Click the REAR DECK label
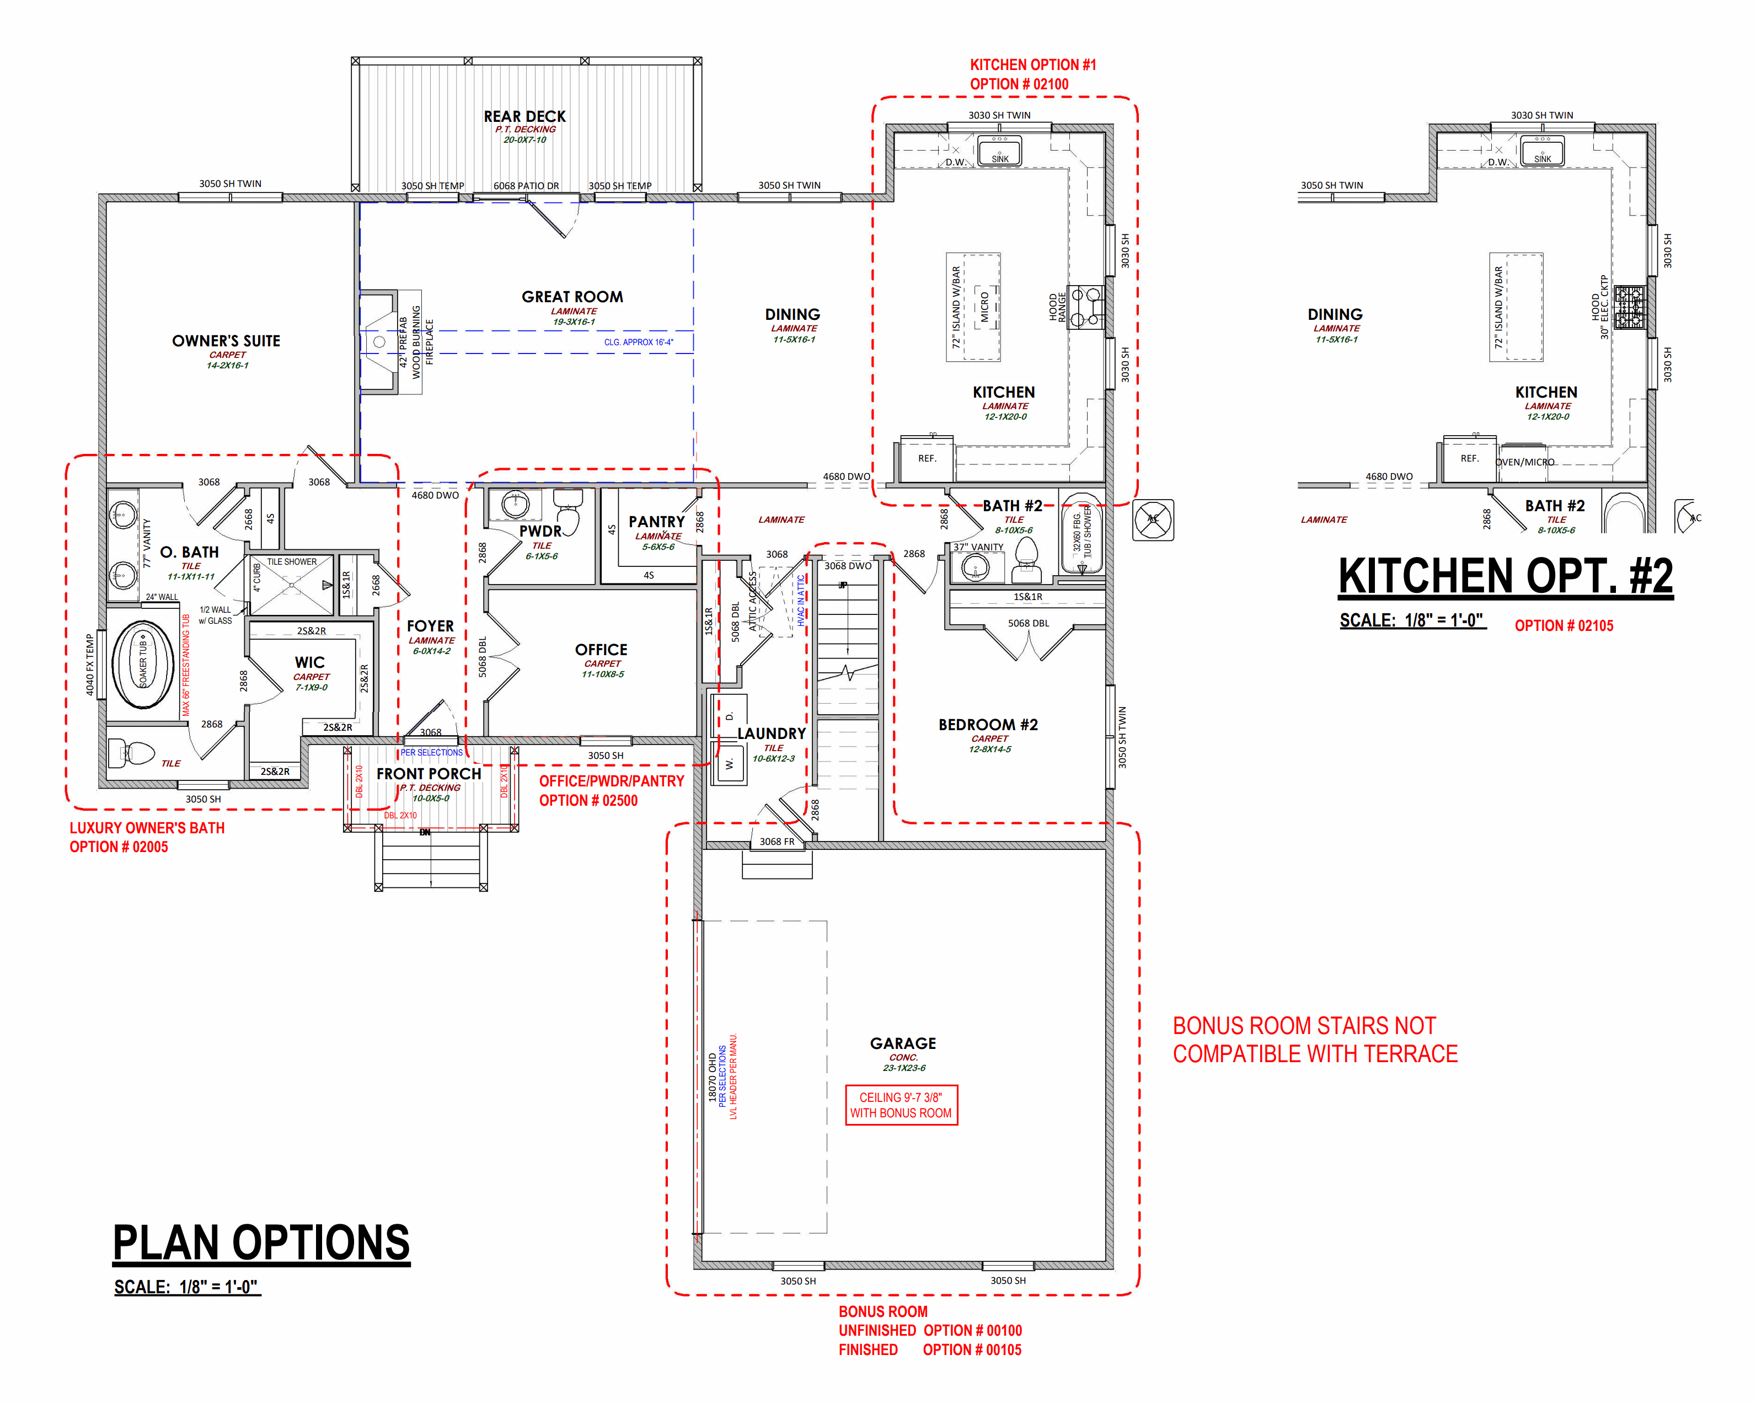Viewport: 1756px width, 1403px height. (x=524, y=116)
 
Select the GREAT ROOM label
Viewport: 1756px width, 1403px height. (x=572, y=297)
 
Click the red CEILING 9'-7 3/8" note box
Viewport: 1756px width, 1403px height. (x=901, y=1105)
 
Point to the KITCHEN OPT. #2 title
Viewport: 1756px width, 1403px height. (x=1505, y=576)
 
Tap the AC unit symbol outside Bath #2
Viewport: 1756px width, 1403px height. (x=1153, y=520)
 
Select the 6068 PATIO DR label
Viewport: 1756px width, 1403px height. (x=526, y=186)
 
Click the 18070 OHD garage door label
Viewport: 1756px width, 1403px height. (x=713, y=1077)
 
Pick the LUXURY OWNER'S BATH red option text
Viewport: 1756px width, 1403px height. (x=147, y=828)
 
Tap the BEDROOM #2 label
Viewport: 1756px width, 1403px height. (x=987, y=725)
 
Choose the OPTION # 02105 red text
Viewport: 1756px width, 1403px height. (x=1563, y=625)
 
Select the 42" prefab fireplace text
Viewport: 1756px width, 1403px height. (x=415, y=342)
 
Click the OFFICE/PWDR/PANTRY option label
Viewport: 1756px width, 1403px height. (x=611, y=781)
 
